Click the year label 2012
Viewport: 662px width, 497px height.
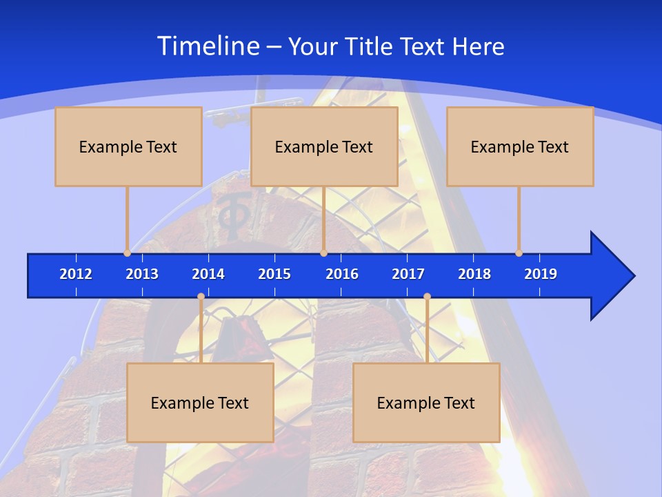76,274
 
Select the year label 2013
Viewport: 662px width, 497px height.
142,274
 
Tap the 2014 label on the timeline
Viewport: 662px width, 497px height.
208,274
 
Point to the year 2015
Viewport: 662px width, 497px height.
274,274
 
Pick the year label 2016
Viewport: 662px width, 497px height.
342,274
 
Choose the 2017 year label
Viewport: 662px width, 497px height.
408,274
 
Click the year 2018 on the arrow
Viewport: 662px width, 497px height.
474,274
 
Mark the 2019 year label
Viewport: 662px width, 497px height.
541,274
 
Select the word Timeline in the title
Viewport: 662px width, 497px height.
208,46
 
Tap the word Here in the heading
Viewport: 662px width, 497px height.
478,46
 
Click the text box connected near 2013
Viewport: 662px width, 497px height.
128,146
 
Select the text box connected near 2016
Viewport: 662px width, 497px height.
324,146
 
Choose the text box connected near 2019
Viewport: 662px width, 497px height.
520,146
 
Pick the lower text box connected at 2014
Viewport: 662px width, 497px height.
200,402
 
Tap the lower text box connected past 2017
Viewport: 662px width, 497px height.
426,402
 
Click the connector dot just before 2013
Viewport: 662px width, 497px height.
127,253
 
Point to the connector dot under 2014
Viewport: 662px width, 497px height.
201,297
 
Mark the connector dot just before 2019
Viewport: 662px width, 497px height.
519,253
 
